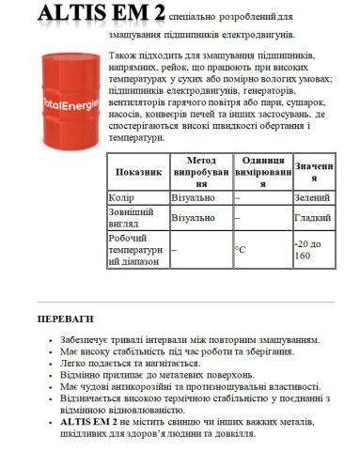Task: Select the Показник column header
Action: (x=138, y=174)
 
